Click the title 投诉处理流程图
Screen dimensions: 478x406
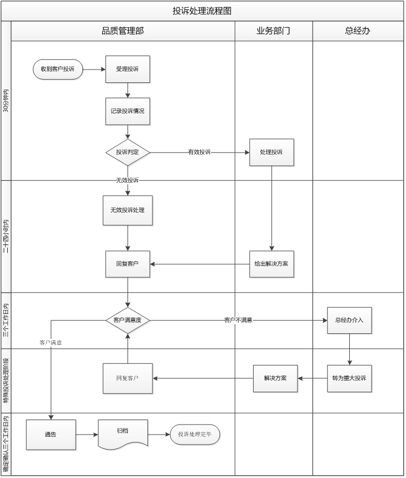[x=202, y=11]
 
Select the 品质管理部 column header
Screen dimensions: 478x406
[x=122, y=31]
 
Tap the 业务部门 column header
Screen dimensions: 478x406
[x=273, y=31]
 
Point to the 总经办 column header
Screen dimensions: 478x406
[x=357, y=31]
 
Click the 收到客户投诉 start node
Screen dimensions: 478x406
[x=58, y=69]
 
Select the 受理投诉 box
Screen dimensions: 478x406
[x=127, y=69]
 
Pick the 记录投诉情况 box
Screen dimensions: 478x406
[x=127, y=111]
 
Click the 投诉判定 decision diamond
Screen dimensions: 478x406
[x=128, y=152]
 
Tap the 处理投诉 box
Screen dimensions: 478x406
[x=271, y=152]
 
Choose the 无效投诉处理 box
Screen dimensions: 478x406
[x=127, y=210]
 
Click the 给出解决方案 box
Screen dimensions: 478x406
[x=271, y=264]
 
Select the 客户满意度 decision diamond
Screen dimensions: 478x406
[x=128, y=320]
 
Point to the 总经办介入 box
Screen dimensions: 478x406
[x=349, y=320]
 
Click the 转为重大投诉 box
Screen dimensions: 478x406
[x=349, y=378]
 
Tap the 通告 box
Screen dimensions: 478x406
[x=51, y=435]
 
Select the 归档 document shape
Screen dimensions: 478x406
[x=123, y=433]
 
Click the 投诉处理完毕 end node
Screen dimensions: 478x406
[x=195, y=435]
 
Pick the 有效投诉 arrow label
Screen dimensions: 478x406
[x=199, y=152]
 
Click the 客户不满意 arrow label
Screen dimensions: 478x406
[x=239, y=320]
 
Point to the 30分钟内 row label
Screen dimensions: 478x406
[x=6, y=101]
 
